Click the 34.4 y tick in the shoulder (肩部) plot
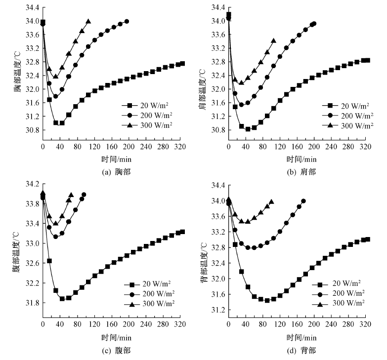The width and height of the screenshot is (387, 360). pos(217,7)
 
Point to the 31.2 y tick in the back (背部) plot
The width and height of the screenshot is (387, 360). pos(217,310)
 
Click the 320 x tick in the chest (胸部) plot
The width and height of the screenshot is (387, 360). pos(180,147)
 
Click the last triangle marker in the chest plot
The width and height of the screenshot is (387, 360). pos(88,22)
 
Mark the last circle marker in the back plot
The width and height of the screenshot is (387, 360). pos(303,201)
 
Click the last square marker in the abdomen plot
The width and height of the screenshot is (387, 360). pos(182,232)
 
